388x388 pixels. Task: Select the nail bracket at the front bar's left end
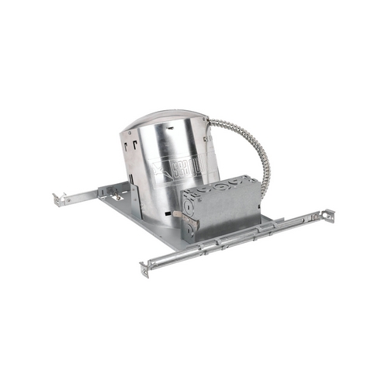(x=145, y=269)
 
